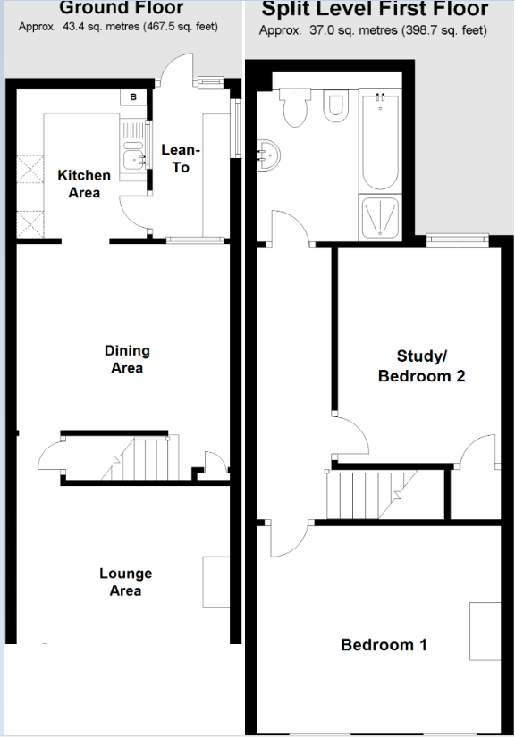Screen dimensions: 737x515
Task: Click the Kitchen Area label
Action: (x=84, y=183)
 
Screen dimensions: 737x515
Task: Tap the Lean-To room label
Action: (x=181, y=160)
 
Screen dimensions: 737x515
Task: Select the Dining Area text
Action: (x=127, y=359)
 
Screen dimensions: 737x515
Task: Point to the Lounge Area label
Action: (x=125, y=582)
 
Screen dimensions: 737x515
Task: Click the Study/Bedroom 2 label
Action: (x=421, y=366)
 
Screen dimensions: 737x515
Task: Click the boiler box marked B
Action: (x=133, y=96)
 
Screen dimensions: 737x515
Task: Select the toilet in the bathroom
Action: (x=292, y=110)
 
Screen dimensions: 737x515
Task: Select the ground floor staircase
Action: (x=138, y=458)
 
